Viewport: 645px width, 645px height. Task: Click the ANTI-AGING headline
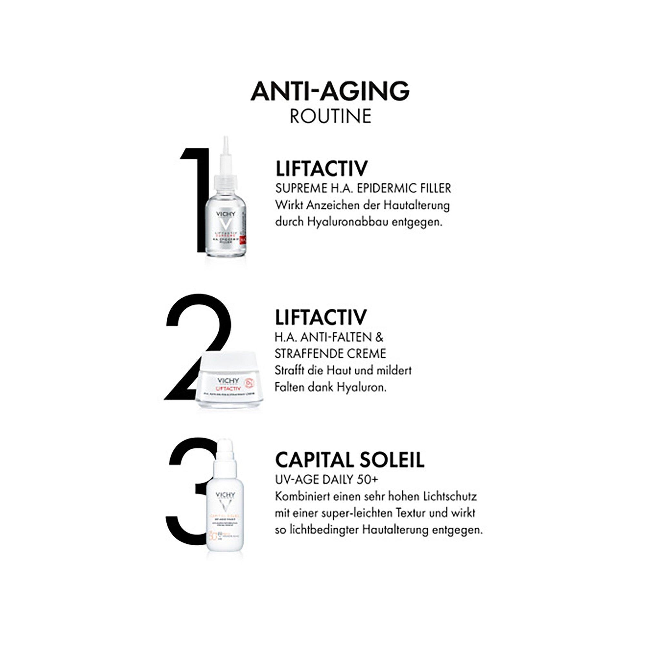[330, 91]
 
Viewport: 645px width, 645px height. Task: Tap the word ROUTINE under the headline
[331, 116]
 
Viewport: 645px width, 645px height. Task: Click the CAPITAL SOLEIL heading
[350, 460]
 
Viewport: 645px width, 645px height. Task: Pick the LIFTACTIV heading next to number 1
[321, 169]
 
